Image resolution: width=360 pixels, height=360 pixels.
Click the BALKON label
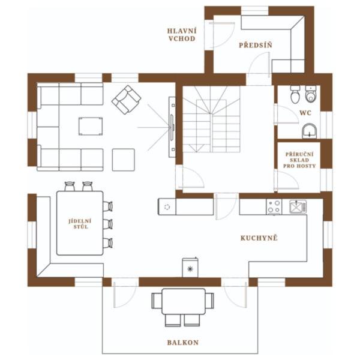click(x=183, y=343)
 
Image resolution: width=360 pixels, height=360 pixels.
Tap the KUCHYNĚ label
click(x=259, y=238)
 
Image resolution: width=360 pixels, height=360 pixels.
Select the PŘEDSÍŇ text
click(x=256, y=45)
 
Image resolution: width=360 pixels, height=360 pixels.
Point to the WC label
click(x=305, y=113)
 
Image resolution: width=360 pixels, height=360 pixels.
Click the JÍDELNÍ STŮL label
click(x=80, y=224)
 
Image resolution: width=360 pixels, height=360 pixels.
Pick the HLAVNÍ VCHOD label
click(x=182, y=35)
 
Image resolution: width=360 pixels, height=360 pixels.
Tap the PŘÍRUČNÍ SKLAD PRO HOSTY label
click(x=299, y=160)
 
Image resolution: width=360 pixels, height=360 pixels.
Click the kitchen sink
click(x=298, y=206)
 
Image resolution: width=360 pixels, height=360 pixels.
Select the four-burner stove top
click(x=274, y=206)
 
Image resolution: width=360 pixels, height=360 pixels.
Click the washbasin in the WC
click(x=309, y=131)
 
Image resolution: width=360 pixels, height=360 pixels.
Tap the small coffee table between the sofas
click(x=91, y=126)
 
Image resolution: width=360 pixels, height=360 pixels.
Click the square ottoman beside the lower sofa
click(x=123, y=160)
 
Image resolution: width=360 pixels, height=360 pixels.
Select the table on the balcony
click(x=184, y=301)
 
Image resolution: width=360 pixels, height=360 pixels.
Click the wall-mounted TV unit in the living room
click(x=172, y=127)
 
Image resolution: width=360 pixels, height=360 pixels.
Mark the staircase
click(x=211, y=119)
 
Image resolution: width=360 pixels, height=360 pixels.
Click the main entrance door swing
click(x=221, y=35)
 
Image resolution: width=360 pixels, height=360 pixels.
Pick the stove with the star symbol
click(x=190, y=268)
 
